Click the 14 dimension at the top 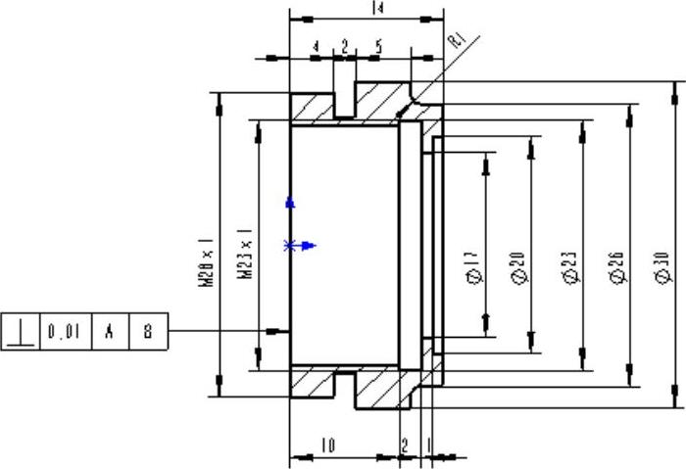pos(377,8)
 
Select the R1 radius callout pos(458,41)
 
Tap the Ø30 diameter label pos(662,267)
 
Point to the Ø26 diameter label pos(616,267)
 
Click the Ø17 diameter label pos(474,267)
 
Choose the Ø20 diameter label pos(518,267)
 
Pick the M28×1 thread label pos(206,262)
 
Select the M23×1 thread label pos(245,253)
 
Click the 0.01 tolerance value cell pos(64,332)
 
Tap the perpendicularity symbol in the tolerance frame pos(21,332)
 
